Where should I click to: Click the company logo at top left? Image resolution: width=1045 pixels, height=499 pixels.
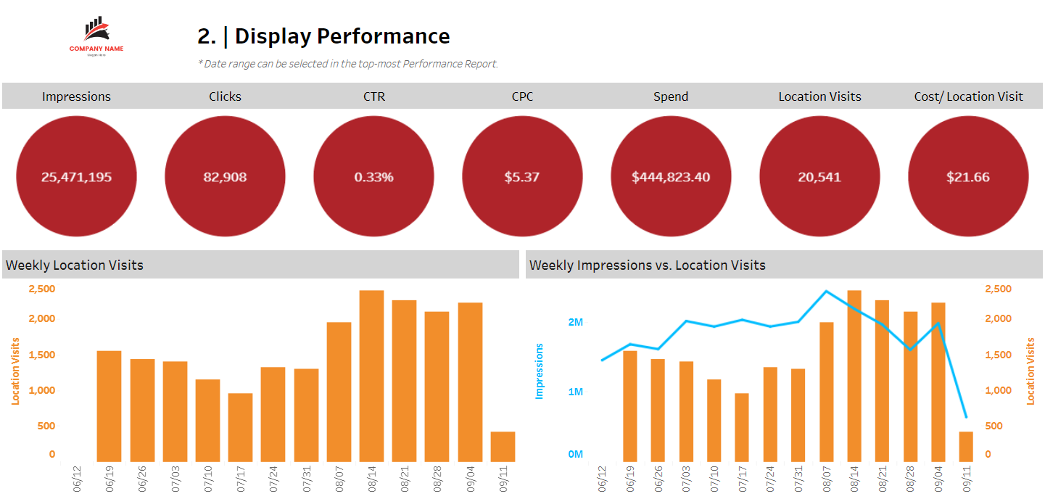pos(96,36)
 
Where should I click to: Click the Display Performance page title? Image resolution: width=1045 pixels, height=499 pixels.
pos(323,36)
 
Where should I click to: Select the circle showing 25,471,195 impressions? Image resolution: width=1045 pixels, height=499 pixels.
pos(76,177)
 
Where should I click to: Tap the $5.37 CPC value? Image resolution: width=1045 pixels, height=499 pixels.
pos(522,177)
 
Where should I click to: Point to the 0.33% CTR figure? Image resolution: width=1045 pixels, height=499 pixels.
pos(373,177)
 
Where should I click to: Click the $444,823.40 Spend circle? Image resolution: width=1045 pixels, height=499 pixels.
pos(671,177)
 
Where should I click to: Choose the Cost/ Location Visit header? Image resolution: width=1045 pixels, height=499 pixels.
pos(968,96)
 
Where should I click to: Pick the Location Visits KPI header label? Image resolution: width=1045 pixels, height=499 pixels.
pos(819,96)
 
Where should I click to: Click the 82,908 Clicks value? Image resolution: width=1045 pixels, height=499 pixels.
pos(225,177)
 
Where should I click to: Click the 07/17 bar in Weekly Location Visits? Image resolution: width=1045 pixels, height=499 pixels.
pos(240,427)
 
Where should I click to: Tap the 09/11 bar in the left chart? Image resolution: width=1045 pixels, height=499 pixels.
pos(503,447)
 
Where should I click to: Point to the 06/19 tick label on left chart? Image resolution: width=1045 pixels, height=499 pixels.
pos(110,479)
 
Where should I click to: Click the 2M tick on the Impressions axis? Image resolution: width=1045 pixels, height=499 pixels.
pos(576,322)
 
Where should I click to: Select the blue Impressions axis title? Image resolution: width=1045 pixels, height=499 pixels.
pos(539,371)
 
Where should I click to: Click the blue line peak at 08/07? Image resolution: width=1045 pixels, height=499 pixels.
pos(826,292)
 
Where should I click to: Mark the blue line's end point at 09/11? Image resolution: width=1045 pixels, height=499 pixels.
pos(966,417)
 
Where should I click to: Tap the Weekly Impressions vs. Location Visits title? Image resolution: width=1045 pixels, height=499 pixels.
pos(647,265)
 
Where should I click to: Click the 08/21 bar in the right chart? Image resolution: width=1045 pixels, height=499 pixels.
pos(882,381)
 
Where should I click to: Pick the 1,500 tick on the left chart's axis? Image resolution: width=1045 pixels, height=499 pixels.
pos(41,355)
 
